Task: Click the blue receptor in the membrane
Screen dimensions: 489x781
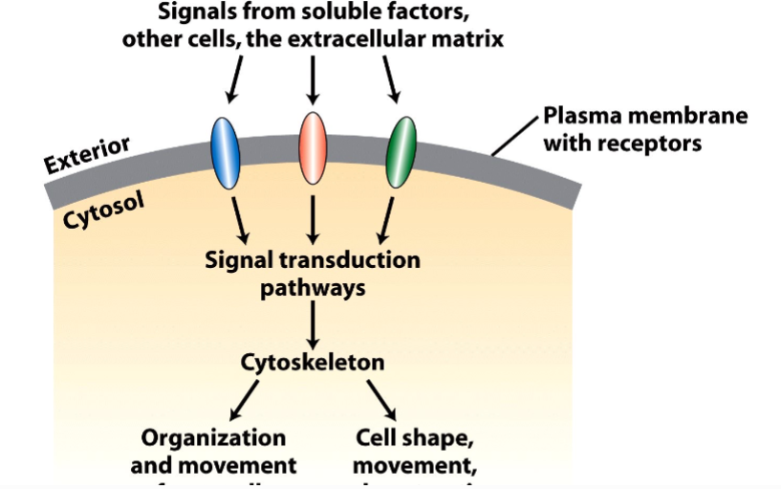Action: click(225, 152)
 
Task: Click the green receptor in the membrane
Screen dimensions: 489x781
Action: click(401, 152)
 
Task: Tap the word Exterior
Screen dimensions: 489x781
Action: click(87, 155)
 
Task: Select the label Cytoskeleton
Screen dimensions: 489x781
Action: click(313, 363)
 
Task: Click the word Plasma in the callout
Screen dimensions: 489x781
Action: click(584, 117)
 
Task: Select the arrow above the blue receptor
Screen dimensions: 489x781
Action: click(234, 78)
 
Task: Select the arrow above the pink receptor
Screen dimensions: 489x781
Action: click(313, 78)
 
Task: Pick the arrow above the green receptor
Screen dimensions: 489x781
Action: click(390, 78)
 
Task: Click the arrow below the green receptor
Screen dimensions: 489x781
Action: click(387, 219)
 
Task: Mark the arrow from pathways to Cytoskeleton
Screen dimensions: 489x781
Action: click(313, 324)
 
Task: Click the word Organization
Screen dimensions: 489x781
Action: click(213, 438)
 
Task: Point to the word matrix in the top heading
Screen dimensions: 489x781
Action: click(469, 40)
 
